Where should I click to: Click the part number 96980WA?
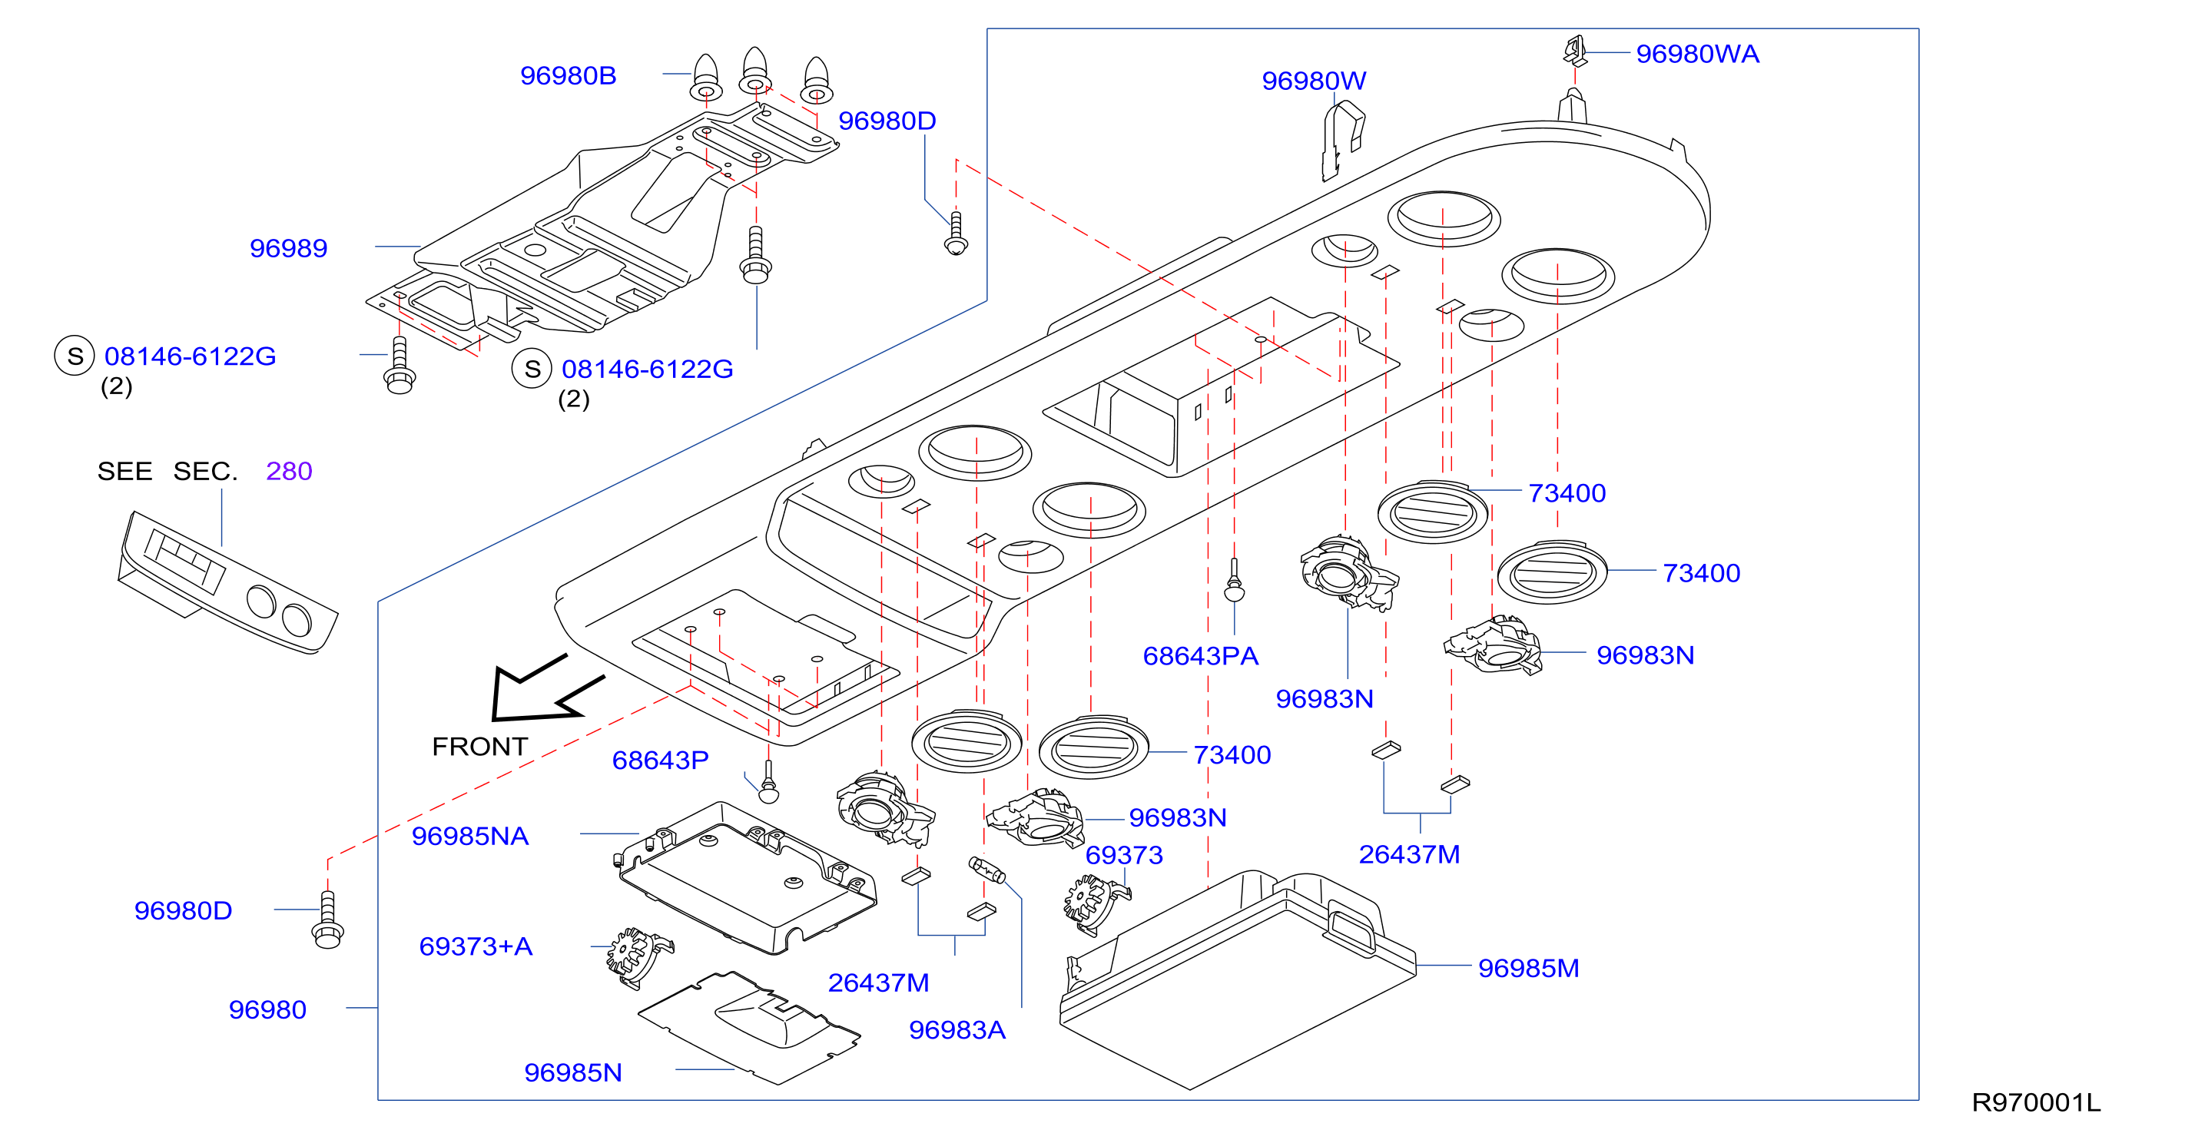pyautogui.click(x=1697, y=55)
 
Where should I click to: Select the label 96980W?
pyautogui.click(x=1314, y=81)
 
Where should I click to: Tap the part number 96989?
pyautogui.click(x=288, y=249)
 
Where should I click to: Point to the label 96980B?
pyautogui.click(x=569, y=76)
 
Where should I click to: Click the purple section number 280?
pyautogui.click(x=289, y=472)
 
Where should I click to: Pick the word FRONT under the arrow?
pyautogui.click(x=480, y=747)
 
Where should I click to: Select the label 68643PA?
pyautogui.click(x=1200, y=657)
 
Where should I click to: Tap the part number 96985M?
pyautogui.click(x=1528, y=969)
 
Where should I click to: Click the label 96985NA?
pyautogui.click(x=470, y=837)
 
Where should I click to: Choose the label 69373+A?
pyautogui.click(x=476, y=946)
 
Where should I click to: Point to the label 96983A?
pyautogui.click(x=957, y=1031)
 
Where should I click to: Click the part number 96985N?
pyautogui.click(x=573, y=1074)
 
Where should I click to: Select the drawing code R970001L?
pyautogui.click(x=2037, y=1102)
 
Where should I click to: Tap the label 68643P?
pyautogui.click(x=660, y=761)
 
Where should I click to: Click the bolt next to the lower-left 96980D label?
pyautogui.click(x=327, y=920)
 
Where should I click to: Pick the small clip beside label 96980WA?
pyautogui.click(x=1575, y=51)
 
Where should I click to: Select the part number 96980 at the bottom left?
pyautogui.click(x=267, y=1010)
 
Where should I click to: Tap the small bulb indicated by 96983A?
pyautogui.click(x=986, y=870)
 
